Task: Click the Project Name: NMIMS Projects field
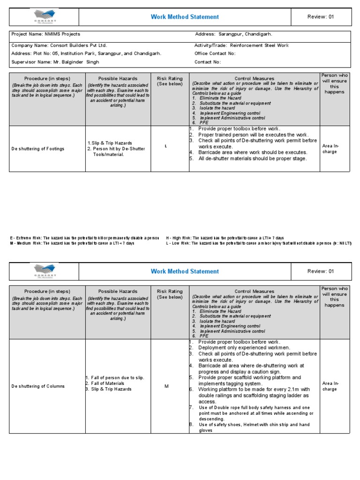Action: click(46, 34)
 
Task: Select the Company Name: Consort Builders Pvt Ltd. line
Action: click(60, 45)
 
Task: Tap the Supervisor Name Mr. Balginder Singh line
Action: click(55, 62)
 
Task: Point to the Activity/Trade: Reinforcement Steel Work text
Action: click(241, 45)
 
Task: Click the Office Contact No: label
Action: click(215, 53)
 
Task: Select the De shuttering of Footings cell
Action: click(38, 149)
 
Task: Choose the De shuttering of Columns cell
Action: click(38, 386)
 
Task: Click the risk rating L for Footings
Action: click(165, 146)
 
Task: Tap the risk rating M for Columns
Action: click(166, 386)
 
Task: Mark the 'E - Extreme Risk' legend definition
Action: click(85, 238)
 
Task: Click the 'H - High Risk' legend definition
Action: click(225, 238)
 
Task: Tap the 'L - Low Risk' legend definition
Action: click(258, 243)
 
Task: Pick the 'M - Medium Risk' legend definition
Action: click(73, 243)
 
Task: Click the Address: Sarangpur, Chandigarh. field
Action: click(233, 34)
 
